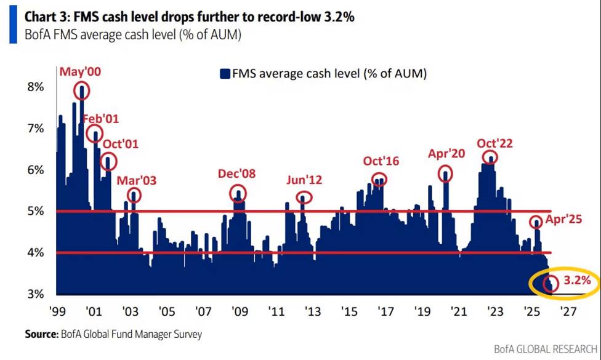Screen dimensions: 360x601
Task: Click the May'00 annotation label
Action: pos(80,72)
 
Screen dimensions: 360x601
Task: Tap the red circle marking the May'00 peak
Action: pos(81,91)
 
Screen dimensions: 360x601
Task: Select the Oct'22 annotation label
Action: pos(494,143)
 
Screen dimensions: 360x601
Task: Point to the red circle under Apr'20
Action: pos(446,174)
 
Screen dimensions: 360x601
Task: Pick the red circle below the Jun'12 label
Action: pos(304,198)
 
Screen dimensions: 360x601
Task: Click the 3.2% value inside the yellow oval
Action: pos(576,281)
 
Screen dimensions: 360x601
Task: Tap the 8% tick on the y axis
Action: pos(35,87)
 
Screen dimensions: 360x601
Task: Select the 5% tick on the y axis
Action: pos(35,211)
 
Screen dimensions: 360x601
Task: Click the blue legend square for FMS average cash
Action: pos(225,74)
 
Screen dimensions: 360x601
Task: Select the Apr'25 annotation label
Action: pos(565,218)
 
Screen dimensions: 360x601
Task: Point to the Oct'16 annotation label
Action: pos(381,162)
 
